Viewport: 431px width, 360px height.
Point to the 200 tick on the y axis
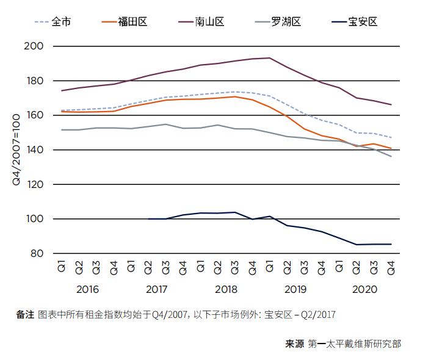pyautogui.click(x=35, y=46)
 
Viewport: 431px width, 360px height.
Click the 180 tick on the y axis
pyautogui.click(x=35, y=81)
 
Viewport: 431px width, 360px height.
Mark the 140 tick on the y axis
pyautogui.click(x=35, y=150)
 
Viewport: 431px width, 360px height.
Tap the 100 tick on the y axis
pyautogui.click(x=35, y=219)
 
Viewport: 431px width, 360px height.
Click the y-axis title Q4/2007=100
pyautogui.click(x=16, y=149)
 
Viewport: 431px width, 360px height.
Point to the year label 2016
pyautogui.click(x=87, y=289)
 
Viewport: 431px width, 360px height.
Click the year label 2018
pyautogui.click(x=226, y=289)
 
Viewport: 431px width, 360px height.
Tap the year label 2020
pyautogui.click(x=365, y=289)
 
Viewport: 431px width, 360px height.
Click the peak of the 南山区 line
pyautogui.click(x=269, y=58)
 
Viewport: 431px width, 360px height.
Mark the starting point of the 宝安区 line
pyautogui.click(x=148, y=218)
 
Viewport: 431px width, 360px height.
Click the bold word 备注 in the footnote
pyautogui.click(x=25, y=315)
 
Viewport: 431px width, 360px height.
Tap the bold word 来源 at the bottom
pyautogui.click(x=295, y=344)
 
